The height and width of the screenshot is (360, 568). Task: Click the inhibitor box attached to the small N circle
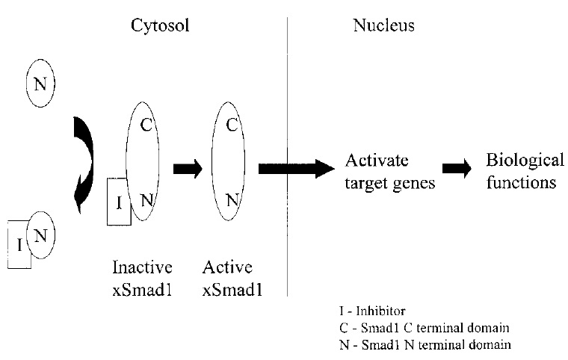19,243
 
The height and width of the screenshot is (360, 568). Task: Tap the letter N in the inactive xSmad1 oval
146,199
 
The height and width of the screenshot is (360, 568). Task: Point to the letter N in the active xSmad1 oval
232,199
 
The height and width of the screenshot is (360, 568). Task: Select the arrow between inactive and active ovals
188,169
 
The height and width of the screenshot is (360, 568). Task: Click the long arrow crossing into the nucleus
296,169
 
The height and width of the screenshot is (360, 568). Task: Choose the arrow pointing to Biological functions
457,169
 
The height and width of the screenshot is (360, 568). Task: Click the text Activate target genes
389,172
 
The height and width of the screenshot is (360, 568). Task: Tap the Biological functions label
521,172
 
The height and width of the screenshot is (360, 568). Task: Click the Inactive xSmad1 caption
142,278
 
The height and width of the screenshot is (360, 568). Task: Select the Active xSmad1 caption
227,278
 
